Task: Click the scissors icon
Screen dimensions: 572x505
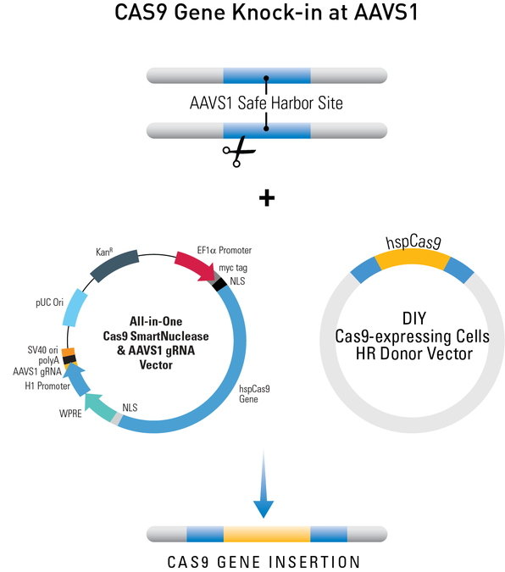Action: point(239,154)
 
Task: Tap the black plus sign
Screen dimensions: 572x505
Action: point(267,198)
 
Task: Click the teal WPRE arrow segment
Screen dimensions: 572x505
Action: point(107,406)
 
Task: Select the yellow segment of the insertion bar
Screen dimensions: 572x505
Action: point(266,534)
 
